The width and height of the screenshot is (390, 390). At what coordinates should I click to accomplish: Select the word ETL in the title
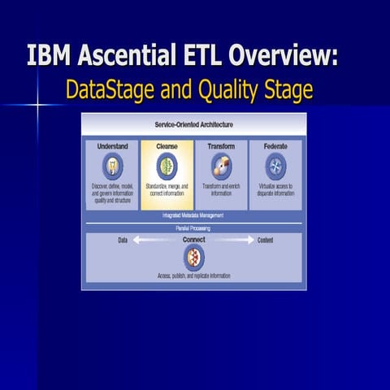[203, 56]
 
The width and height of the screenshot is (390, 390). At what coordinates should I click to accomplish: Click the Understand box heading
[112, 146]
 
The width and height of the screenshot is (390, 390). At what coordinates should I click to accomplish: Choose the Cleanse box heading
[167, 146]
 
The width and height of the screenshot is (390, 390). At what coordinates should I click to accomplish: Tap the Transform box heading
[221, 146]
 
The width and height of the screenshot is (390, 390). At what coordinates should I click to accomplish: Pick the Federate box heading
[275, 146]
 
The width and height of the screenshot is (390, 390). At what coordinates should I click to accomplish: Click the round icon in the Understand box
[113, 167]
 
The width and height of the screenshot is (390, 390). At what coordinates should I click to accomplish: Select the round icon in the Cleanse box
[167, 167]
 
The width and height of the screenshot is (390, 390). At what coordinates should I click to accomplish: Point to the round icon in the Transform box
[221, 167]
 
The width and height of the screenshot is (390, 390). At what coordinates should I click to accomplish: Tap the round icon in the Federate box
[275, 167]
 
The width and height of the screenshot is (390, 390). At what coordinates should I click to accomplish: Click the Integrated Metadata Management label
[193, 215]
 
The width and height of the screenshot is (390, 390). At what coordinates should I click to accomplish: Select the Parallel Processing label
[193, 227]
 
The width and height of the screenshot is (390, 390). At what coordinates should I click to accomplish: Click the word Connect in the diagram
[193, 240]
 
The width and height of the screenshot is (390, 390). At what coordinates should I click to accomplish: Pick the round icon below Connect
[193, 258]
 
